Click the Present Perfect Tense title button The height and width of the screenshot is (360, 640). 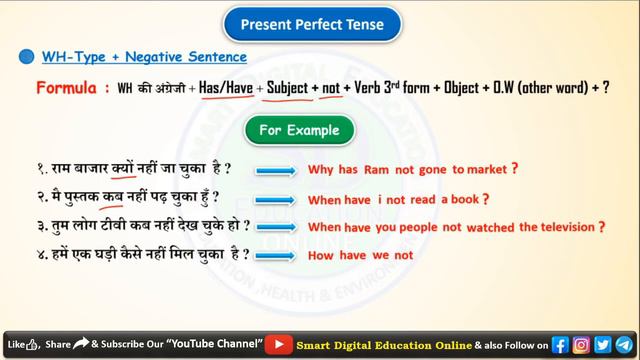pyautogui.click(x=319, y=22)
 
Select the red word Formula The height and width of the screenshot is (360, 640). pyautogui.click(x=67, y=88)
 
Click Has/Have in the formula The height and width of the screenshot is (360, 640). pyautogui.click(x=225, y=88)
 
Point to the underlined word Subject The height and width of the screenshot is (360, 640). pyautogui.click(x=287, y=88)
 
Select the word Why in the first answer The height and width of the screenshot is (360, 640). pyautogui.click(x=321, y=170)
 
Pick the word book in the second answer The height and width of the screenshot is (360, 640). pyautogui.click(x=461, y=198)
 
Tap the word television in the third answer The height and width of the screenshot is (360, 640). pyautogui.click(x=561, y=227)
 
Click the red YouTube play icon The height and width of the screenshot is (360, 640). pyautogui.click(x=278, y=344)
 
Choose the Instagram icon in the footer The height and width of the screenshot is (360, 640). pyautogui.click(x=581, y=344)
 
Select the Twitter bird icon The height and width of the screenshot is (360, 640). pyautogui.click(x=602, y=344)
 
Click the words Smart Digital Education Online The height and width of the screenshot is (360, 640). pyautogui.click(x=383, y=344)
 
